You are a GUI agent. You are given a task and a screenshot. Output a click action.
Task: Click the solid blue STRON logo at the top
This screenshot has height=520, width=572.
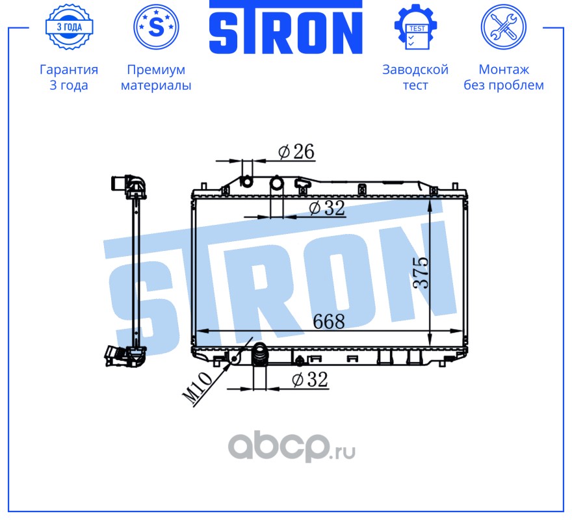(285, 27)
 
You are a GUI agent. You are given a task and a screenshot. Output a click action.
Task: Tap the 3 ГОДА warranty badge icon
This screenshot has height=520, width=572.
(69, 27)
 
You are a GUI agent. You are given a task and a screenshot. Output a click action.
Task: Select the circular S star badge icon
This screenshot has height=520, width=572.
(156, 27)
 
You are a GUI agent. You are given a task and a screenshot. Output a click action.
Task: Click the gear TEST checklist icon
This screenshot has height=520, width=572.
(415, 27)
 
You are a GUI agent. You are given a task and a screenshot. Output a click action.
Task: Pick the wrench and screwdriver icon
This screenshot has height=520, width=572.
(503, 27)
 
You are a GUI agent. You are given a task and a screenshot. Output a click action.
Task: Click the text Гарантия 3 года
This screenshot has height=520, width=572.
(69, 77)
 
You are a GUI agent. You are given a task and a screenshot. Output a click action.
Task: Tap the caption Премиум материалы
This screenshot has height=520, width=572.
(156, 77)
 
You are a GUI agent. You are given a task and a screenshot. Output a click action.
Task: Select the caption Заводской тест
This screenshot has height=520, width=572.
(415, 77)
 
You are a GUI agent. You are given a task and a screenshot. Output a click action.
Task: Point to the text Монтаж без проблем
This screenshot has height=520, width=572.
(503, 77)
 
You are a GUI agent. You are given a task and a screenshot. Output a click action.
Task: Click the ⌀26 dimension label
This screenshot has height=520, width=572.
(296, 151)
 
